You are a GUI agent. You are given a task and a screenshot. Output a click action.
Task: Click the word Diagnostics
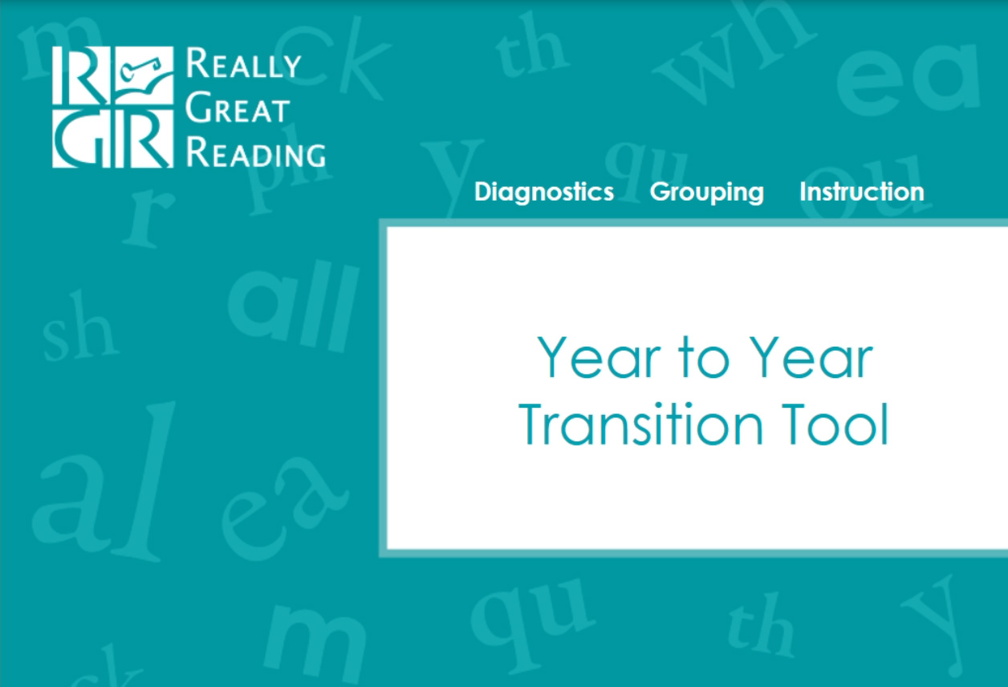click(x=544, y=192)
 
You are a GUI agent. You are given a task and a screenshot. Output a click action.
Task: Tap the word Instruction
click(x=862, y=192)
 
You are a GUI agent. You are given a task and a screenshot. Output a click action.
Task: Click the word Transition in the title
click(x=640, y=425)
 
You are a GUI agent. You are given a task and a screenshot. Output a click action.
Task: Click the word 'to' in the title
click(x=705, y=358)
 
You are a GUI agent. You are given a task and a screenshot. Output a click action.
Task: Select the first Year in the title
click(x=598, y=358)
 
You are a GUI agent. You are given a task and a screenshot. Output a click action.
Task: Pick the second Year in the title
click(x=811, y=358)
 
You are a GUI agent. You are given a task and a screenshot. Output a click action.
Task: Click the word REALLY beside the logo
click(x=243, y=63)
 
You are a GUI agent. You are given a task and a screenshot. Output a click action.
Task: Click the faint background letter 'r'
click(x=148, y=219)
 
